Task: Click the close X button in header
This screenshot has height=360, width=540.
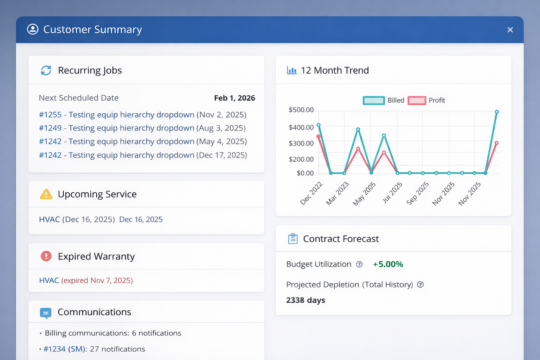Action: point(510,30)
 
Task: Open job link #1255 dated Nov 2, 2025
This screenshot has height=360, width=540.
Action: point(116,115)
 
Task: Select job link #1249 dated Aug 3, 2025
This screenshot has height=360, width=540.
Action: point(116,128)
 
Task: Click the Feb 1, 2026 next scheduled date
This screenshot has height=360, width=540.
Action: point(234,98)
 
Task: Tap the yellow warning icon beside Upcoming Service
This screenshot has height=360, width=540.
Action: point(46,194)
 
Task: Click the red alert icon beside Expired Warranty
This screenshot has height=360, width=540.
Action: point(46,256)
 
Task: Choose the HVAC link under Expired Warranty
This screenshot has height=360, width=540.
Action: point(49,281)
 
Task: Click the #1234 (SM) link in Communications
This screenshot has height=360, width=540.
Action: point(65,349)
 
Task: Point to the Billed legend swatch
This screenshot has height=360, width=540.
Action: point(374,101)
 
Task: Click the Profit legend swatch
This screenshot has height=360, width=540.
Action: point(417,101)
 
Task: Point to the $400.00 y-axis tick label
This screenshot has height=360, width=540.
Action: point(301,127)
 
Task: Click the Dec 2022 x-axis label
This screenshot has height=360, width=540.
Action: point(311,193)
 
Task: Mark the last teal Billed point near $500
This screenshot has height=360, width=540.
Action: point(497,112)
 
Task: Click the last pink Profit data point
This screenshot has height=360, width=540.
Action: point(496,143)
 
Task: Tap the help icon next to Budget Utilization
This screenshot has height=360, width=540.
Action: point(359,264)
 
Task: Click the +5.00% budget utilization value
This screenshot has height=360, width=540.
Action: point(388,264)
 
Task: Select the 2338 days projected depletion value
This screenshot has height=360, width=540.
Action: point(306,300)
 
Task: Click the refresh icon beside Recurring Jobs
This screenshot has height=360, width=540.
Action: point(46,70)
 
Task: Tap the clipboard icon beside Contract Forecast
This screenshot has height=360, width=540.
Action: point(293,239)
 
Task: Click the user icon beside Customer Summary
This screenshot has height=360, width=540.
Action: point(33,29)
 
